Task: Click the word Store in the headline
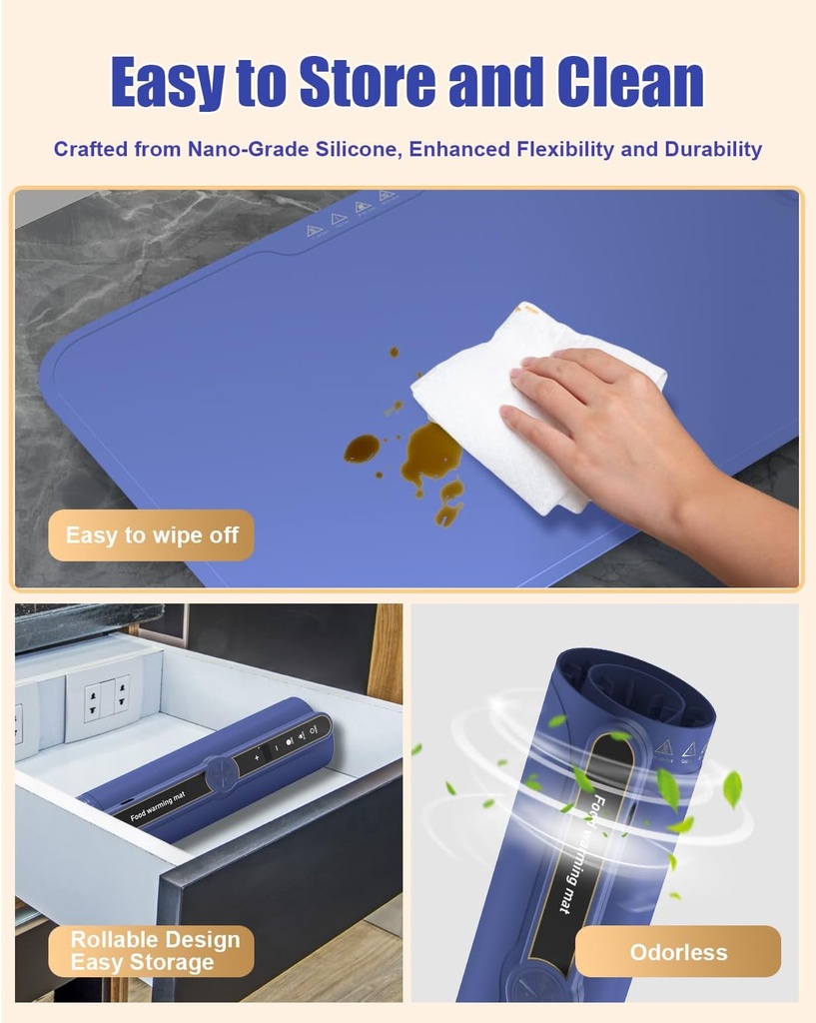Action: pos(367,82)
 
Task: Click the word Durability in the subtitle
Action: pos(713,150)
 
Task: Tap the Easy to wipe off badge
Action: pos(152,535)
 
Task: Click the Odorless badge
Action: pos(678,952)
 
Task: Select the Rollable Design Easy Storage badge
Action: pos(152,951)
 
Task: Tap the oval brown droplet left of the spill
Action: pos(362,449)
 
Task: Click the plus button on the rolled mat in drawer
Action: pos(257,757)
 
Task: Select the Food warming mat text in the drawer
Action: pos(157,807)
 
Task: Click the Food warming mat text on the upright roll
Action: pos(578,854)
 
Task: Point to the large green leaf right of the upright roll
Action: pos(732,789)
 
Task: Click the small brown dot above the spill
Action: pos(394,353)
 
